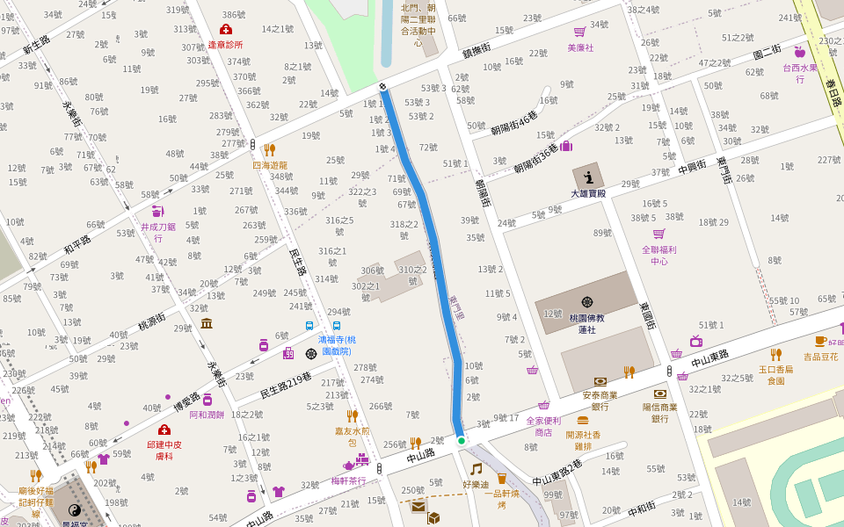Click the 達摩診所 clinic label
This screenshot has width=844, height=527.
coord(225,44)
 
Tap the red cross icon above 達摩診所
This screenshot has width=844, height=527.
coord(225,29)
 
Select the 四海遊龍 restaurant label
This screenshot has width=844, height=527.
coord(270,165)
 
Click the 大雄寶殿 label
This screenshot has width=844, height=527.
coord(588,193)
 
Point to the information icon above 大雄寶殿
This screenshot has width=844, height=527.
coord(588,177)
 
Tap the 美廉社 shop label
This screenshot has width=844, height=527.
coord(580,47)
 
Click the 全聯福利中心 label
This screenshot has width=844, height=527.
coord(659,256)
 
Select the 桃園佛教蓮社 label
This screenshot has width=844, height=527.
coord(587,323)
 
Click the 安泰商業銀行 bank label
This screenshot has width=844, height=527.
coord(600,401)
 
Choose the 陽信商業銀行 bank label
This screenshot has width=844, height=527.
coord(659,413)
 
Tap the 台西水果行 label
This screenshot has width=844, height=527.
coord(800,72)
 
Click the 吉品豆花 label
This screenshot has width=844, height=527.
coord(821,357)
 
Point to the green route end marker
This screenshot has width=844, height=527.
coord(461,440)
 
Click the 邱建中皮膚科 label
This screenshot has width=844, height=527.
coord(164,450)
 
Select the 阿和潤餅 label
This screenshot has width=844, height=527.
coord(207,415)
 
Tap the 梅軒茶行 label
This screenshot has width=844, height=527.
coord(348,480)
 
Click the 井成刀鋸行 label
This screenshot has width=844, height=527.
coord(158,232)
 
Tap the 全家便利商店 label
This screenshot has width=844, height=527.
coord(544,426)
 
